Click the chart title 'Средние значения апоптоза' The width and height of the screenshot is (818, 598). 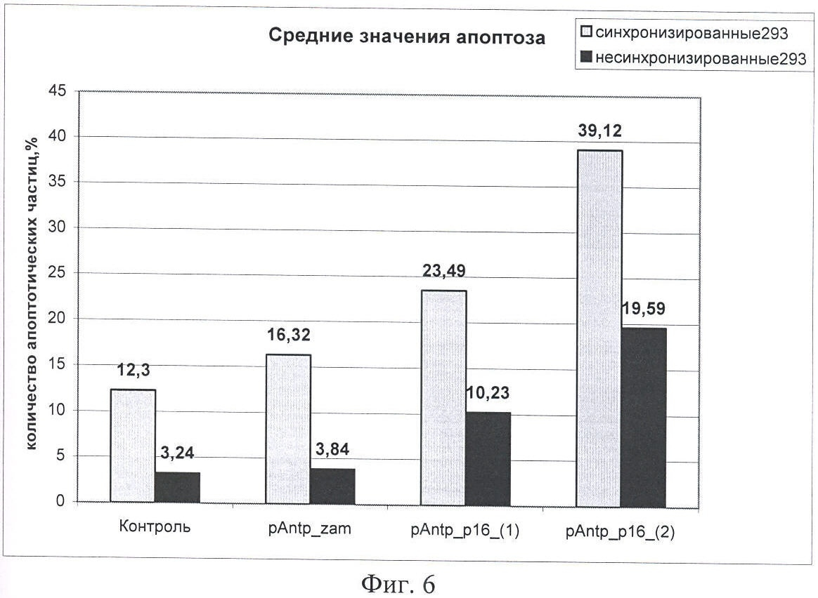point(407,38)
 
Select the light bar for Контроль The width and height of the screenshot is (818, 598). point(134,446)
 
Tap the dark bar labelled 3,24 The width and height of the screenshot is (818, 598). point(178,487)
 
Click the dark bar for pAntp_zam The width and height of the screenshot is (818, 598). point(333,486)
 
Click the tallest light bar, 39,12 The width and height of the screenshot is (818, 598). point(599,328)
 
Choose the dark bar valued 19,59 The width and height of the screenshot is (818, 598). point(644,417)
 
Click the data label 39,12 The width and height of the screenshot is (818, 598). point(599,132)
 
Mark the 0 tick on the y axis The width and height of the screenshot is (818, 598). point(62,502)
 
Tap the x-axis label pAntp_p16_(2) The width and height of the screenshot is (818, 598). point(621,531)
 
